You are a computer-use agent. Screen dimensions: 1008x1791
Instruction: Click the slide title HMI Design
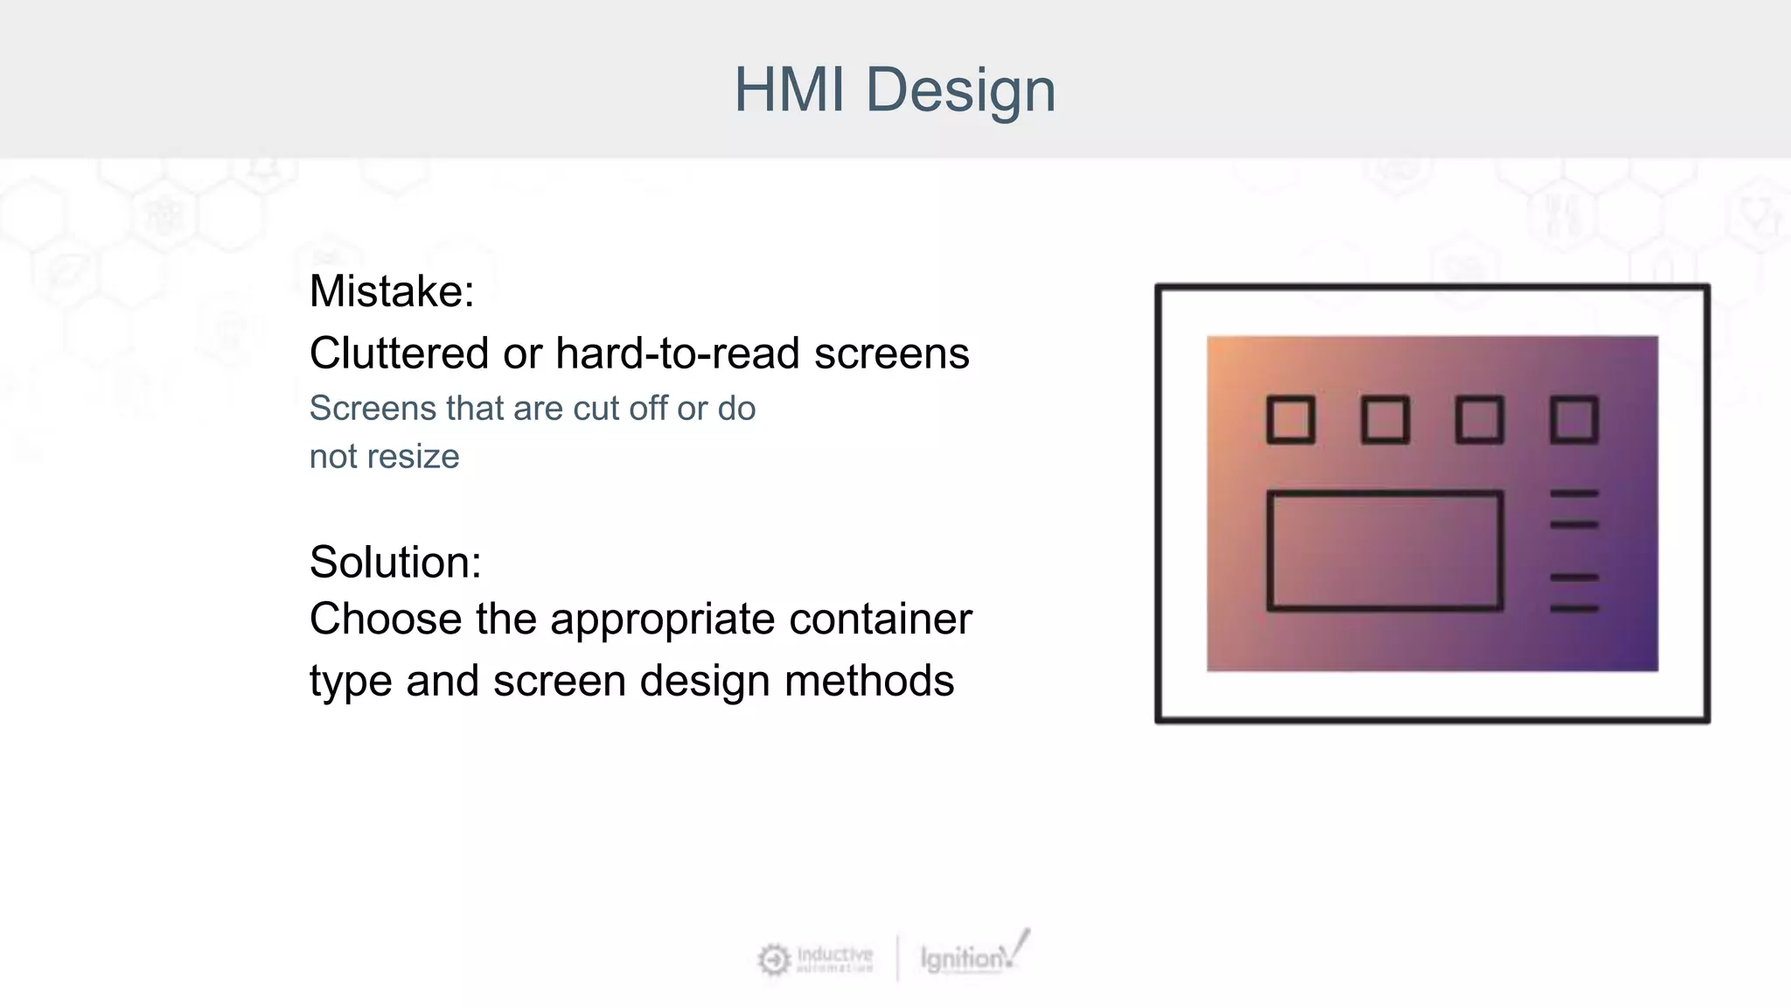(x=895, y=89)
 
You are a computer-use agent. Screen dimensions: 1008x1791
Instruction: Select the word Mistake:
(x=392, y=291)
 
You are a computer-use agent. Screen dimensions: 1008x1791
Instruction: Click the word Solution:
(x=395, y=562)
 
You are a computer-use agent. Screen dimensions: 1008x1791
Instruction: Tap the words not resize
(x=384, y=457)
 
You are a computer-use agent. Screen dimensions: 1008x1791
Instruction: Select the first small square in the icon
(x=1291, y=420)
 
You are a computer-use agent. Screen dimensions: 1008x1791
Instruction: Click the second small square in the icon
(x=1385, y=420)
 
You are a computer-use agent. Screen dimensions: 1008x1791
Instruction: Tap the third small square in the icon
(x=1480, y=420)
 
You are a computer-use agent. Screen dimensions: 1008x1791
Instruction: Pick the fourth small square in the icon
(x=1574, y=420)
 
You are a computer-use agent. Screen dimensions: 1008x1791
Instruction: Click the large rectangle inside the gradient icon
(x=1385, y=550)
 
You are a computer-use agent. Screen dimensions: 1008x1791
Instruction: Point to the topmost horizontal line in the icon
(x=1574, y=494)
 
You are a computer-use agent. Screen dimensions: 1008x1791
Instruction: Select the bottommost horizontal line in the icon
(x=1574, y=608)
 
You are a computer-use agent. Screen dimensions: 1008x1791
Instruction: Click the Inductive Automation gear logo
(x=774, y=960)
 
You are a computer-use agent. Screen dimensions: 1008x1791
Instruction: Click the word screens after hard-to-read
(x=892, y=353)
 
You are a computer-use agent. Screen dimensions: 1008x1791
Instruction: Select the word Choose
(x=386, y=619)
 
